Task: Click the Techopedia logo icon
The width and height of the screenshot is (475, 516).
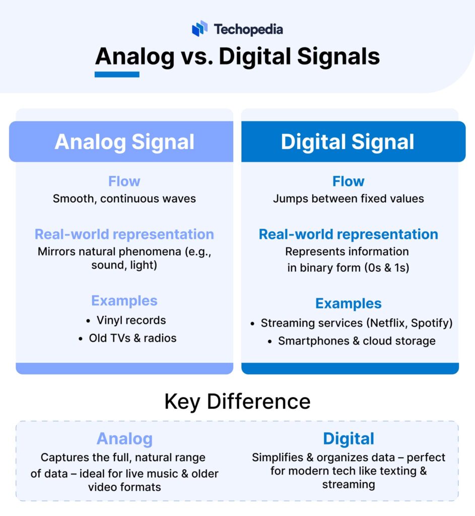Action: pos(199,29)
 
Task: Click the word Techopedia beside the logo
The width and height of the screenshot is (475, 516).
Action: pos(248,29)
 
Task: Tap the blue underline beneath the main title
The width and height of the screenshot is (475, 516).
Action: pos(117,75)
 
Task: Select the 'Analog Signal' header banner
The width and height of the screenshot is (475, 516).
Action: pos(124,142)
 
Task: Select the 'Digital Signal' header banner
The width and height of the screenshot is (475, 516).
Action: pos(348,142)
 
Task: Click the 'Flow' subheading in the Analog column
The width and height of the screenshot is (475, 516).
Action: pos(124,181)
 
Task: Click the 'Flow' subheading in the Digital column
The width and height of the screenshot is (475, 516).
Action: pos(348,181)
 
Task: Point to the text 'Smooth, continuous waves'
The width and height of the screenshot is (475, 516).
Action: pos(124,199)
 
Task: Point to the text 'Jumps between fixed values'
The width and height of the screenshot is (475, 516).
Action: pos(348,199)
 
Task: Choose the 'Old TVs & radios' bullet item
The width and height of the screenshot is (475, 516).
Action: pos(132,338)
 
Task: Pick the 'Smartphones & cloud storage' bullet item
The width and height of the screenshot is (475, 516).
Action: pos(357,341)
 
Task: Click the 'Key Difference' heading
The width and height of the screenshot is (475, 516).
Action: pos(237,402)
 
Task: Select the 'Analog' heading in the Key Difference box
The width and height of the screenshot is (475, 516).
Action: pos(124,438)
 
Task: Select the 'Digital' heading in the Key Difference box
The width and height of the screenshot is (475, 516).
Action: pos(349,438)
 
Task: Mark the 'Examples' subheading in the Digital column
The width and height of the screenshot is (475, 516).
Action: pos(348,304)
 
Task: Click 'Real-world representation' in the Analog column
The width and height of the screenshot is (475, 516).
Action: pos(124,234)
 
